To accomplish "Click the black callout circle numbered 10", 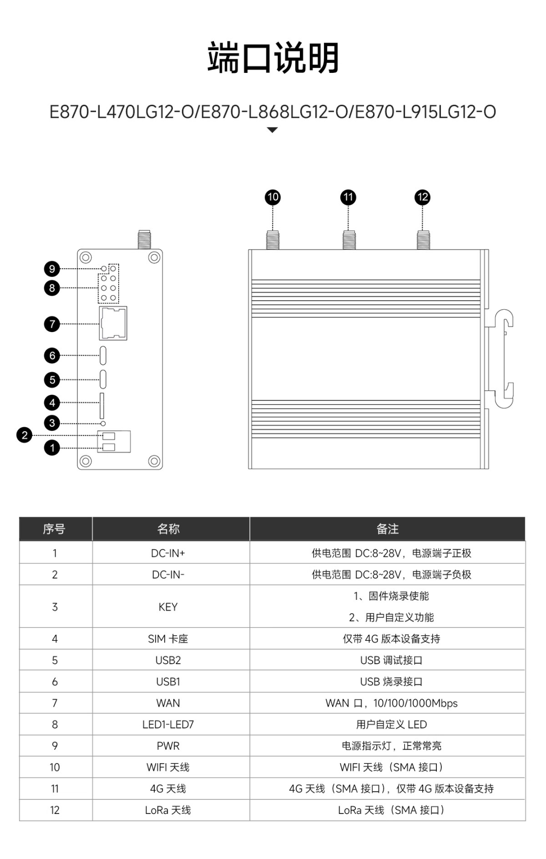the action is point(272,197).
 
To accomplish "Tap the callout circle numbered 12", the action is point(422,197).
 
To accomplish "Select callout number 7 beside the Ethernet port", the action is point(52,324).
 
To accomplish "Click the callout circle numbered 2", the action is point(24,435).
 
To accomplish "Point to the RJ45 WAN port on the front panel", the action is point(113,323).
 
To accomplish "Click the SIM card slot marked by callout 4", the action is point(102,405).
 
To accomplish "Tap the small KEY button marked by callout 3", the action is point(103,423).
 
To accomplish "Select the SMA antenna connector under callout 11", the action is point(348,240).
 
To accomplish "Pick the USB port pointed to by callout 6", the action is point(103,355).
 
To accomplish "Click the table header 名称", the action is point(168,529).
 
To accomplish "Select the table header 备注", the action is point(387,529).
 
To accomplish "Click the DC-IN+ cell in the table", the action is point(168,553).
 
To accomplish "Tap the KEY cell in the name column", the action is point(168,607).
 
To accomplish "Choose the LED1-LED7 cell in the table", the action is point(168,724).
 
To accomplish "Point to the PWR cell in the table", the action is point(168,746).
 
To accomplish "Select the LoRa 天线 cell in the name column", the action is point(168,810).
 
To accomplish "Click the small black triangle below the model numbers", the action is point(272,130).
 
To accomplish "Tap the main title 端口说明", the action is point(273,58).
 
